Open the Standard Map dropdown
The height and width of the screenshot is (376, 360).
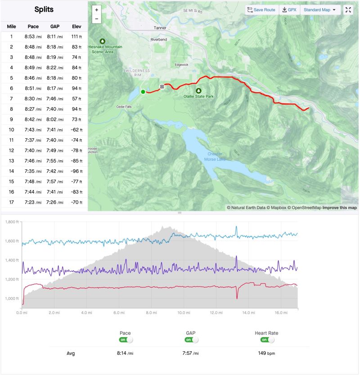tap(320, 9)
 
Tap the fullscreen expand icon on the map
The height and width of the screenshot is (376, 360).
tap(348, 9)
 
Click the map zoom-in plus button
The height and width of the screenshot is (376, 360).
tap(96, 9)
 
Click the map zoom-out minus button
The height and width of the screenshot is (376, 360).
tap(96, 18)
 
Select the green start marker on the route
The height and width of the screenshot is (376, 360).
tap(143, 92)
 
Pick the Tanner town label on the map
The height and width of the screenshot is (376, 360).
tap(160, 27)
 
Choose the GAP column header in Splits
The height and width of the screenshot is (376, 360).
tap(55, 27)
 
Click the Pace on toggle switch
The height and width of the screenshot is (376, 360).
tap(126, 340)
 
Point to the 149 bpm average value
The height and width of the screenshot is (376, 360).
tap(267, 353)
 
